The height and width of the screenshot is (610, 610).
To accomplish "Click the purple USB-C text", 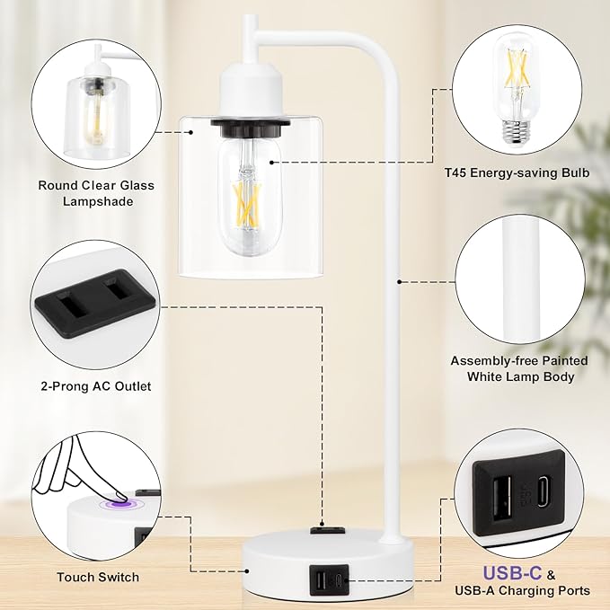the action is pos(512,572).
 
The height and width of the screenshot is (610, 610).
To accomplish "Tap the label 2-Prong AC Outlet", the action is pos(96,386).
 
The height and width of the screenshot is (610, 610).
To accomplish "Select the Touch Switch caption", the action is pos(98,577).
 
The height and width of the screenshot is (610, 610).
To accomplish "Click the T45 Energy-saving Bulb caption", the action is pos(517,172).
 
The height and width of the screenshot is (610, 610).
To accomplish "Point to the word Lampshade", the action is pos(98,201).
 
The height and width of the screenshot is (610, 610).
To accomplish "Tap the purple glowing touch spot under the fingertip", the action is pos(121,505).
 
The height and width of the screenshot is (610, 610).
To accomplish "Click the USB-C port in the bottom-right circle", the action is pos(544,492).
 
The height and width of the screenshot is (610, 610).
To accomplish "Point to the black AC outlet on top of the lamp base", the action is pos(328,530).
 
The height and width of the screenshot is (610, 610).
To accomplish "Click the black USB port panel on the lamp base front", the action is pos(329,580).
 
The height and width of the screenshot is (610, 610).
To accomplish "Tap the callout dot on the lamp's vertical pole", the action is pos(399,282).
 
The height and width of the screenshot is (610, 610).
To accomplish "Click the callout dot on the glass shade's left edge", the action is pos(190,132).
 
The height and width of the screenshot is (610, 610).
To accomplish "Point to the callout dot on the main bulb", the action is pos(271,163).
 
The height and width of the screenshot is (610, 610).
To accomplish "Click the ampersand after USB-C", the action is pos(551,575).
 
